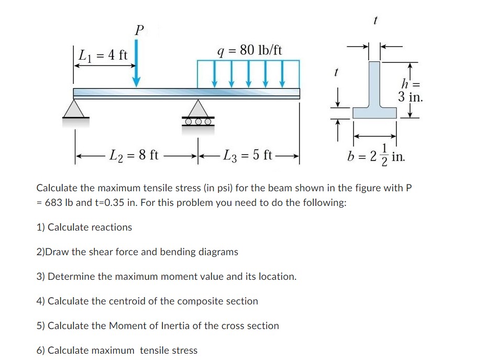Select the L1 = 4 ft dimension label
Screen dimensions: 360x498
click(103, 54)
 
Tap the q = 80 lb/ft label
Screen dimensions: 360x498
click(250, 50)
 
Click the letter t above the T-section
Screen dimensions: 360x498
click(375, 20)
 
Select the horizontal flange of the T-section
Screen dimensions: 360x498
click(375, 113)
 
